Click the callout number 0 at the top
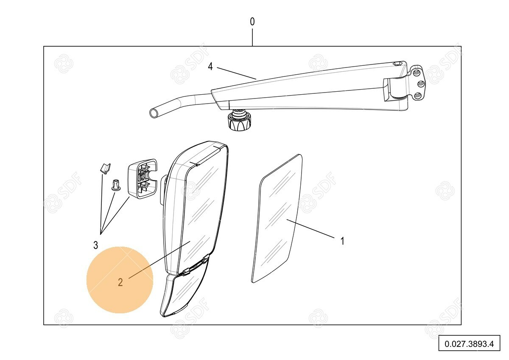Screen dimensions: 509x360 [x=252, y=22]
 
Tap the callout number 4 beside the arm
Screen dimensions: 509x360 [x=210, y=67]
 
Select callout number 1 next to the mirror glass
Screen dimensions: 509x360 [x=342, y=241]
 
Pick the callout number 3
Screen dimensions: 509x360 [x=96, y=245]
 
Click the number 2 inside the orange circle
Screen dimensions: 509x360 [x=120, y=282]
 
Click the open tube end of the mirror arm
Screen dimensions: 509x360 [x=154, y=113]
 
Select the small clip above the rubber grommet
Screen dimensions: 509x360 [x=105, y=168]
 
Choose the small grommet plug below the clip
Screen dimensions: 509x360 [x=115, y=185]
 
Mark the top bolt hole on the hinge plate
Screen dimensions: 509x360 [x=416, y=73]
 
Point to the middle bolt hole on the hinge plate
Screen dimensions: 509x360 [x=422, y=84]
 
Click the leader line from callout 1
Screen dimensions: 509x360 [x=310, y=228]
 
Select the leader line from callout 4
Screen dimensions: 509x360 [x=237, y=73]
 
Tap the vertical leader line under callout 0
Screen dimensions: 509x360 [x=252, y=37]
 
